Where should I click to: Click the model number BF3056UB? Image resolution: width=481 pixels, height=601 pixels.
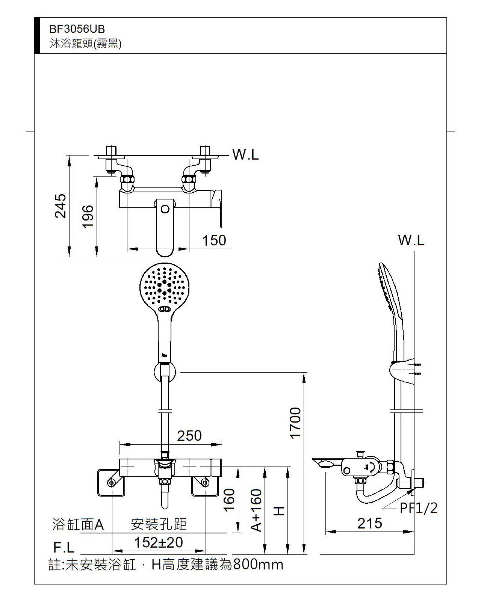[x=77, y=29]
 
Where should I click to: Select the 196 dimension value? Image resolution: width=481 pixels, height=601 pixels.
[x=88, y=216]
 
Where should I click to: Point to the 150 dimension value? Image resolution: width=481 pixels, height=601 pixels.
[x=214, y=240]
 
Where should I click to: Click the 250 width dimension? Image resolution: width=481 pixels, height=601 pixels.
[x=189, y=436]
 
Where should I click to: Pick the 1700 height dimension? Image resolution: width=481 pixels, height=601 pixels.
[x=296, y=423]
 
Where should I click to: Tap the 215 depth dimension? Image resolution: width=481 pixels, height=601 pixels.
[x=370, y=523]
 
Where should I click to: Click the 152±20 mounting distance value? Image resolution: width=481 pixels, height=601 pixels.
[x=159, y=542]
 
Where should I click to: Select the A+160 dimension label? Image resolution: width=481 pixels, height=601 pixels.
[x=256, y=510]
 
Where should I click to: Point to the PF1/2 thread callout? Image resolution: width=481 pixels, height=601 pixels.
[x=419, y=508]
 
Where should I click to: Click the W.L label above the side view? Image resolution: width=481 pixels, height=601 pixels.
[x=411, y=240]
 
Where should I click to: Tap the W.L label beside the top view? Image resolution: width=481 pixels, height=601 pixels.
[x=246, y=154]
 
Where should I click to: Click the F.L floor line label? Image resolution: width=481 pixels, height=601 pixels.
[x=64, y=548]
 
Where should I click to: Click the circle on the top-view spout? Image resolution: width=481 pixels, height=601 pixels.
[x=165, y=209]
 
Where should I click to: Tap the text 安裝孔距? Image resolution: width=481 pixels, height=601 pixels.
[x=159, y=524]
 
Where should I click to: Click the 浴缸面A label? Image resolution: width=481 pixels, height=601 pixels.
[x=78, y=524]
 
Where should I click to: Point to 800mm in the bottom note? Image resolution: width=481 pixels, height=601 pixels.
[x=258, y=565]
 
